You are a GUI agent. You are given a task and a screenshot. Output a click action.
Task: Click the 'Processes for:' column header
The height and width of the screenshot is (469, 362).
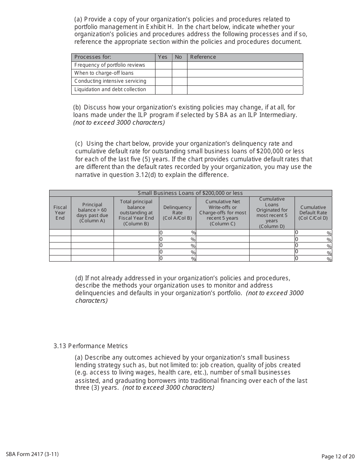click(93, 57)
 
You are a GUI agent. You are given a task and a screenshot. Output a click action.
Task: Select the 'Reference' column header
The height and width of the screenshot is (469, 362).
click(203, 57)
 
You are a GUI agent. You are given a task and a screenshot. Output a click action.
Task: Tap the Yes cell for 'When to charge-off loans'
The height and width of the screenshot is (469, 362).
click(163, 73)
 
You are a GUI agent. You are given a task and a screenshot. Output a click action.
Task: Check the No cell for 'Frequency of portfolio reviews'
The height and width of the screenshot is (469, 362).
click(179, 65)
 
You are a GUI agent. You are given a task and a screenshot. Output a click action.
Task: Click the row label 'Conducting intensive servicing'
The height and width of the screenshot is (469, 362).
click(110, 81)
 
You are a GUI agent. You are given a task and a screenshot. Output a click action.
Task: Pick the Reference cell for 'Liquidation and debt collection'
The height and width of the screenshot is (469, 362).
click(245, 90)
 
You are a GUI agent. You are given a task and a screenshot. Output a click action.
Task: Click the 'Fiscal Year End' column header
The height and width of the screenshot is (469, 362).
click(60, 213)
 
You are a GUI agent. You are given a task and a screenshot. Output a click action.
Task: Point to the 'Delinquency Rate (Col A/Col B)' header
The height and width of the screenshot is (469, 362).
click(177, 213)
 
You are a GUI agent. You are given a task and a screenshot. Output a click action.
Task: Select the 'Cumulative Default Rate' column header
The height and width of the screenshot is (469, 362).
click(313, 213)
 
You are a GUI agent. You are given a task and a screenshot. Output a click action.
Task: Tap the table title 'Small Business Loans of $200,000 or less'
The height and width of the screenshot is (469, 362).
click(190, 193)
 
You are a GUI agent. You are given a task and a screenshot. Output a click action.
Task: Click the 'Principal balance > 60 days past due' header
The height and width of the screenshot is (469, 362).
click(92, 213)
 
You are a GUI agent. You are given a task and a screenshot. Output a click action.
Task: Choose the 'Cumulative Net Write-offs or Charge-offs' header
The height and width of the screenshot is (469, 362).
click(223, 213)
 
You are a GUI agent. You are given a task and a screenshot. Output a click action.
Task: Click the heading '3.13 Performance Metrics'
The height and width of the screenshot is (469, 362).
click(91, 346)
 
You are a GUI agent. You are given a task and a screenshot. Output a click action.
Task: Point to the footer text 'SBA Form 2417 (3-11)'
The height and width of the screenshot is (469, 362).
click(32, 454)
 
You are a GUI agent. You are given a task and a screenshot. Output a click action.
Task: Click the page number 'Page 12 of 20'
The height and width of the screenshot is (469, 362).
click(338, 456)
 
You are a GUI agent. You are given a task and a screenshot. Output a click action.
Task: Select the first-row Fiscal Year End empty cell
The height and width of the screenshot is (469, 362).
click(60, 233)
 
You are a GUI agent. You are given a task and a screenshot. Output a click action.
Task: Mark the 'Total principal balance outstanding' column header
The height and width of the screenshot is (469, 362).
click(136, 213)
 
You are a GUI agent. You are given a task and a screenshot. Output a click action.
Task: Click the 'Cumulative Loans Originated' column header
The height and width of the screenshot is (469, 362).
click(272, 213)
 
